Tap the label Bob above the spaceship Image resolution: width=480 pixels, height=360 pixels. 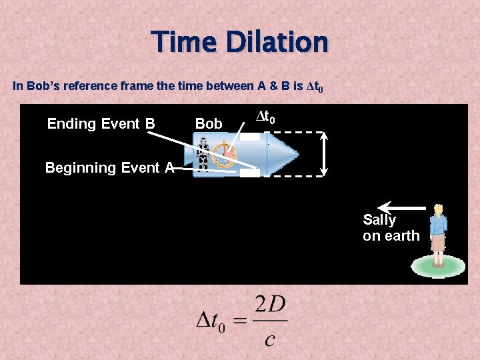(x=209, y=124)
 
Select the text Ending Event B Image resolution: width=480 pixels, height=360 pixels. (x=101, y=124)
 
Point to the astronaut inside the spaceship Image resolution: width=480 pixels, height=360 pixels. (x=203, y=155)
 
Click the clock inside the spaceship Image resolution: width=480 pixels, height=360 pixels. (x=225, y=155)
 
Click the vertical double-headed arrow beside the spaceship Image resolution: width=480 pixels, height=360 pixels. (x=325, y=154)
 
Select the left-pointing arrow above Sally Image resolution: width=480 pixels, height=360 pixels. (x=401, y=207)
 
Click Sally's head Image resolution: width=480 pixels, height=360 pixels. (x=438, y=211)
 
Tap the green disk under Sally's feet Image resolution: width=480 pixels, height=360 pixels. (x=437, y=267)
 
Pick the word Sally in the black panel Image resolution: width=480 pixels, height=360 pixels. (x=379, y=220)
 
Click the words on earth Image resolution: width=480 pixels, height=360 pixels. (x=391, y=236)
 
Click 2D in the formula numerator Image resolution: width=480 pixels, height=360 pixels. (x=270, y=306)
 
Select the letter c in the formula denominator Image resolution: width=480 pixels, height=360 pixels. (x=269, y=339)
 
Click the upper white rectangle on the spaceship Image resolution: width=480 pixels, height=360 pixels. (x=250, y=137)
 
